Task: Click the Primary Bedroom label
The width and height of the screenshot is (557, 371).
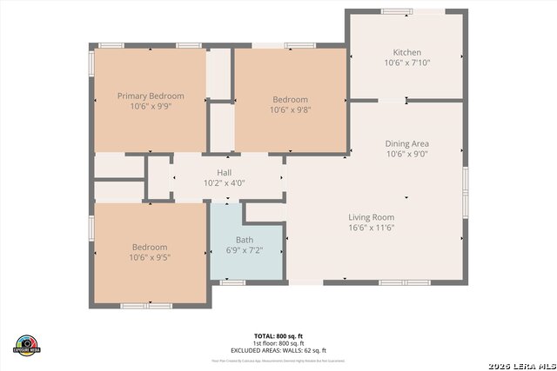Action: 151,96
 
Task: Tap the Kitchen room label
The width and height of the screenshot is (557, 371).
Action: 406,51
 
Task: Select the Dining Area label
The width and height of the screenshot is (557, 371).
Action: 406,143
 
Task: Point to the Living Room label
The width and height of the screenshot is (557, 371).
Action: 372,217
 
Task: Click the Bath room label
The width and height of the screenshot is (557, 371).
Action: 245,240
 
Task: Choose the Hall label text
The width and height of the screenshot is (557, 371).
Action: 225,173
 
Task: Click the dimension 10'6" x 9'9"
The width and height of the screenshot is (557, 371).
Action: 151,107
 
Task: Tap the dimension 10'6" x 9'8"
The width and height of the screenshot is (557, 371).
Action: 290,110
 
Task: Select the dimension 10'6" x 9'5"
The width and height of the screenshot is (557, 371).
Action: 150,257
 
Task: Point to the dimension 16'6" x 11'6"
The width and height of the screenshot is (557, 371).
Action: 372,228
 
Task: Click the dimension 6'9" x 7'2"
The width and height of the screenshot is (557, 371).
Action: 245,250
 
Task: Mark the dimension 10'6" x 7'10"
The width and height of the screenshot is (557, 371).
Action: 406,63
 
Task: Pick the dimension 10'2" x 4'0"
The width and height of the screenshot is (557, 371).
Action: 225,183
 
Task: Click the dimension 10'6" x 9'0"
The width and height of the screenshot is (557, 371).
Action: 406,154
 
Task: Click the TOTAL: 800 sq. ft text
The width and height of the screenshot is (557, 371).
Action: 278,335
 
